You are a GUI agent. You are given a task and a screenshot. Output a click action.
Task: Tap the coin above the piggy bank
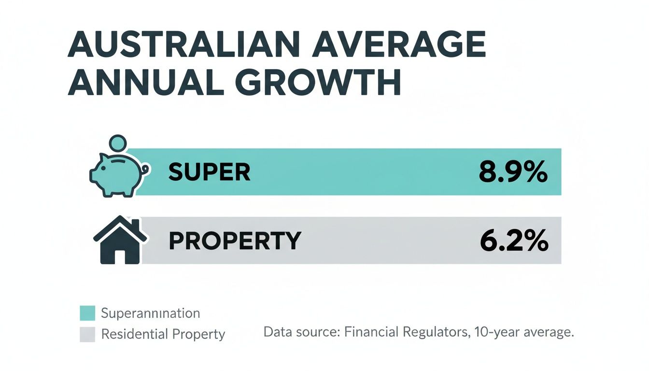tap(118, 143)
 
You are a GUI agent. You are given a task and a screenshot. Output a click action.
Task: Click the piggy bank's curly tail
tap(144, 170)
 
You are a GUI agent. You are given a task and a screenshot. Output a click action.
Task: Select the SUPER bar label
tap(209, 172)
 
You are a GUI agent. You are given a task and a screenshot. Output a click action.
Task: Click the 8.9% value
tap(513, 172)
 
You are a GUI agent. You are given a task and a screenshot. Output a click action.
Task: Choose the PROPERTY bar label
tap(235, 241)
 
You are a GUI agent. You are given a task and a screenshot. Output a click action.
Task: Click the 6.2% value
tap(513, 241)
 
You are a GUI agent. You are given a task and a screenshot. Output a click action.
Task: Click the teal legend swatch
tap(87, 313)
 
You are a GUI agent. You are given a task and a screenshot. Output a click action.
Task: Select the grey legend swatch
tap(87, 334)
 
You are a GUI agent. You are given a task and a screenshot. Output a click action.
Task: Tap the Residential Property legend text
tap(163, 334)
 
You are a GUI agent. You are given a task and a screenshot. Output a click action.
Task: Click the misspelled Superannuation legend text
tap(150, 313)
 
